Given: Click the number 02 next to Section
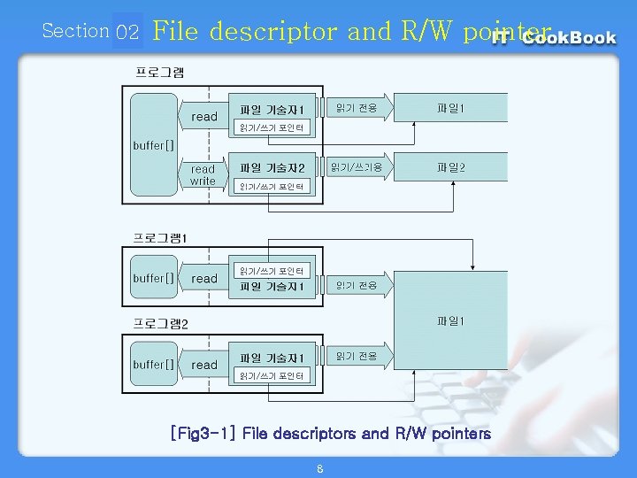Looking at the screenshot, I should click(127, 33).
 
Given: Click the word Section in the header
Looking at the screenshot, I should click(75, 31).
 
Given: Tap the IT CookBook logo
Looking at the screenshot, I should click(555, 38).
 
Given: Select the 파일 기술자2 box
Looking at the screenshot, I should click(272, 167).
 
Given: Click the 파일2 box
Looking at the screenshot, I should click(450, 166).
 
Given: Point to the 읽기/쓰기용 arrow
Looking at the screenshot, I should click(357, 166).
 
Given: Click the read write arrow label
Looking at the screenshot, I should click(203, 175).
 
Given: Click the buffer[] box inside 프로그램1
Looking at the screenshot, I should click(154, 278).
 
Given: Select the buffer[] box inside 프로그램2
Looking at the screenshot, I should click(154, 364).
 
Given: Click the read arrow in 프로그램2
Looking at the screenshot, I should click(204, 365).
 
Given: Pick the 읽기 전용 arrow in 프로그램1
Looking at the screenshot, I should click(357, 285).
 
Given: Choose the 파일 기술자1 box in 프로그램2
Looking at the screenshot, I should click(272, 358).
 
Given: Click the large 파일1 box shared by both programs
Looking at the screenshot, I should click(450, 320).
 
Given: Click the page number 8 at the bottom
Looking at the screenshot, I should click(319, 468).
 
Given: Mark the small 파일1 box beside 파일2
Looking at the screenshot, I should click(450, 109).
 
